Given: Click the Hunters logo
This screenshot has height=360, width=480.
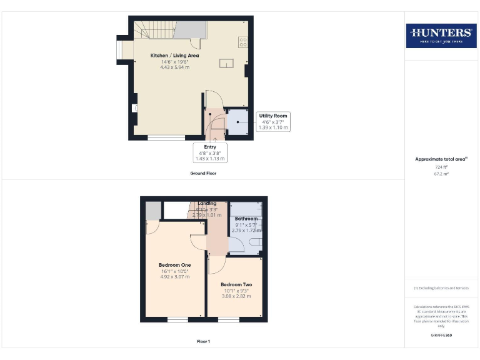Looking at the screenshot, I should tap(441, 35).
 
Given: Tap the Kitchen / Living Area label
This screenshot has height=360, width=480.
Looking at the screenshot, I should tap(171, 56).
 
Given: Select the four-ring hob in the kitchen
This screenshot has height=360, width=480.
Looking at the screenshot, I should tap(242, 42).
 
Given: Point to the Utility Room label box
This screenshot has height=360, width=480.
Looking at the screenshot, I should tap(274, 121).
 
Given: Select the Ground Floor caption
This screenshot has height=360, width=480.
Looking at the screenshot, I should tap(203, 173).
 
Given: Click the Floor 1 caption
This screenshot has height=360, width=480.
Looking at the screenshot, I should tap(203, 342).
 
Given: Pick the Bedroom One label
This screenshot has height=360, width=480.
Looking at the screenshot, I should tap(174, 265).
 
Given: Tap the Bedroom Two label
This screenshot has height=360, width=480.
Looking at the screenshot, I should tap(236, 284).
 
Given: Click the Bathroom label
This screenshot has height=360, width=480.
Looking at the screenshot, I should tap(246, 219).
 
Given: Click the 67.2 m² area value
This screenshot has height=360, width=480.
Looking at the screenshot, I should tap(441, 174).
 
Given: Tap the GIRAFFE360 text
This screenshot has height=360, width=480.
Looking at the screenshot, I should tap(441, 336).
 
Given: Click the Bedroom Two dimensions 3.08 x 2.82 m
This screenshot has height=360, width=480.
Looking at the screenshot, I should tap(236, 296).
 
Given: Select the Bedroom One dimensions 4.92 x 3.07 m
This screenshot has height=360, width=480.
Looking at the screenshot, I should tap(174, 276).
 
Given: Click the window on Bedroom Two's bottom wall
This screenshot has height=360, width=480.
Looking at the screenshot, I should tap(229, 319).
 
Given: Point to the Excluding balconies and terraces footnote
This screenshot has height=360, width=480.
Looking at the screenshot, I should tap(441, 288).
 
